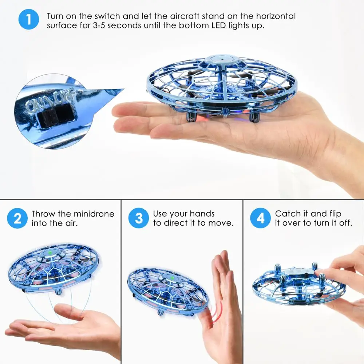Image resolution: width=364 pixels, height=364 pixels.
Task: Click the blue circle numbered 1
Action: [x=28, y=19]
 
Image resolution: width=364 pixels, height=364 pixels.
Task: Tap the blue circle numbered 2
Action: [x=17, y=218]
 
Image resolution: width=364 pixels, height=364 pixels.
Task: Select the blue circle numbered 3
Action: [x=139, y=218]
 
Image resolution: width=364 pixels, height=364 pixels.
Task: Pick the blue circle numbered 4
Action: [x=261, y=218]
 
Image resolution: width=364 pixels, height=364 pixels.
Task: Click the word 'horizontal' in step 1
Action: [x=276, y=16]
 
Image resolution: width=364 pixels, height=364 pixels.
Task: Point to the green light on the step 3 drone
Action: [x=172, y=278]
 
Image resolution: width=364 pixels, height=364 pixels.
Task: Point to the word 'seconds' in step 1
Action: [x=124, y=25]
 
